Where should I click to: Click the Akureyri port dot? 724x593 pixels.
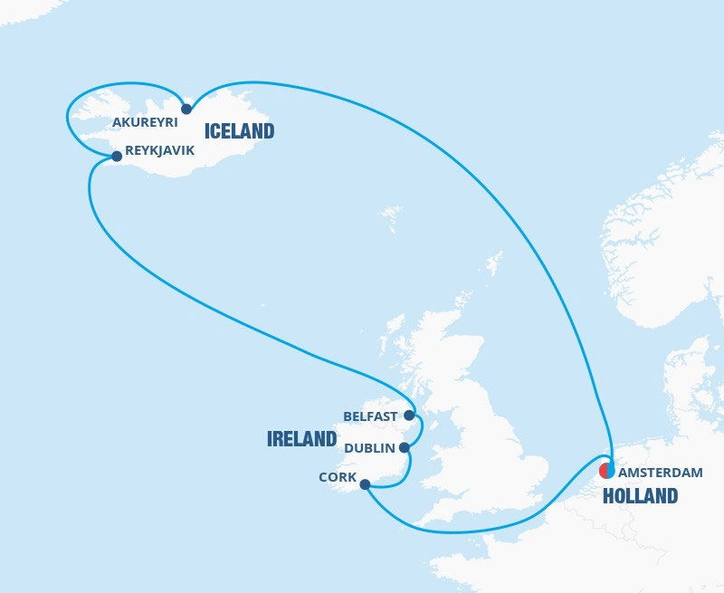tap(186, 109)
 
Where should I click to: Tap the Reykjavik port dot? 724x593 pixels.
tap(116, 156)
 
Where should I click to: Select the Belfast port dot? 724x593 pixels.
tap(409, 416)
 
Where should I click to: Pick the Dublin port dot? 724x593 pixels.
tap(405, 447)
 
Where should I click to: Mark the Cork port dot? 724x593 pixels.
tap(365, 484)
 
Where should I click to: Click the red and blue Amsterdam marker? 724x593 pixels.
tap(607, 471)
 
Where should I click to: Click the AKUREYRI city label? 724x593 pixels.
tap(145, 121)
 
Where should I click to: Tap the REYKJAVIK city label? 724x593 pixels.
tap(160, 151)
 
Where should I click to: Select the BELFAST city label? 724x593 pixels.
tap(370, 416)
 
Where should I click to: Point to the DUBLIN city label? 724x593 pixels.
tap(369, 447)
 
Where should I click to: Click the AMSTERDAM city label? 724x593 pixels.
tap(660, 473)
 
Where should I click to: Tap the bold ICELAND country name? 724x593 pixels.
tap(239, 131)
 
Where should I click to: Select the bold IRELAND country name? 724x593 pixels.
tap(301, 439)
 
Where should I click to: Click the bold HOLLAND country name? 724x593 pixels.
tap(640, 495)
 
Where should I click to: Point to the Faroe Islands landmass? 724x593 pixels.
tap(391, 217)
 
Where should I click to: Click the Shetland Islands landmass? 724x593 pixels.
tap(493, 263)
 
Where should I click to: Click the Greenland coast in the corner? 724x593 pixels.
tap(23, 9)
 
